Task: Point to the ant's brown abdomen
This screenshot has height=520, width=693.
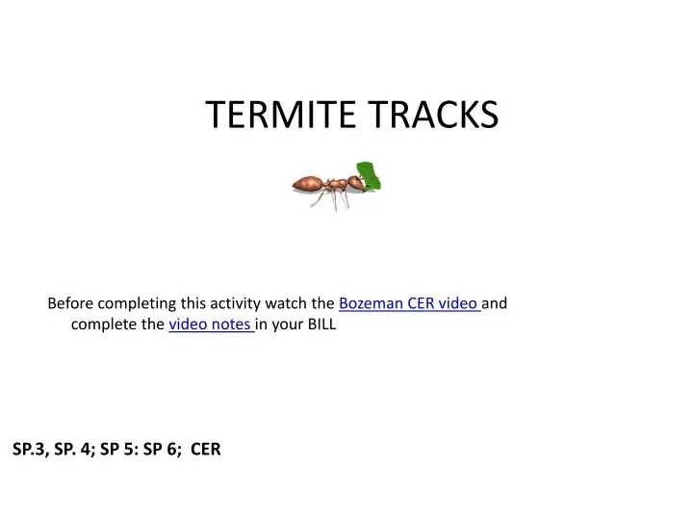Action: (309, 182)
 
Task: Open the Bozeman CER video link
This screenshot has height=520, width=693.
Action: (409, 303)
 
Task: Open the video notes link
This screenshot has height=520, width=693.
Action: (211, 325)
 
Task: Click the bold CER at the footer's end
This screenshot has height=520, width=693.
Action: (206, 448)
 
